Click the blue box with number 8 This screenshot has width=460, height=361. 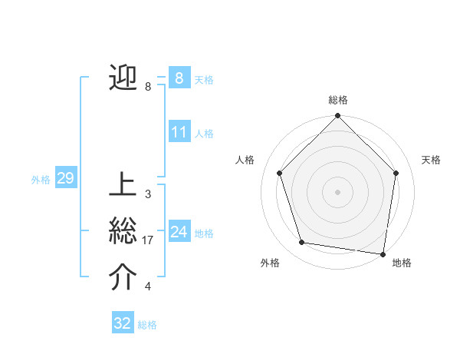click(x=179, y=78)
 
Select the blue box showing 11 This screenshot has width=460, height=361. click(x=179, y=132)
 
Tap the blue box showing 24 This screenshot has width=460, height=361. click(x=179, y=231)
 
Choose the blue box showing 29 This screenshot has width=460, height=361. click(x=65, y=179)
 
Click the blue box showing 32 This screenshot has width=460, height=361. click(x=123, y=323)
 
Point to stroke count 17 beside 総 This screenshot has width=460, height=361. click(x=148, y=240)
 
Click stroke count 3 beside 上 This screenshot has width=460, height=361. click(x=147, y=194)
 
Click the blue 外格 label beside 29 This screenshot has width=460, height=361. click(x=41, y=180)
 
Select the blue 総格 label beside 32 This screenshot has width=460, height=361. click(x=147, y=324)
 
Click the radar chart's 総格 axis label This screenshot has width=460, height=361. click(x=338, y=100)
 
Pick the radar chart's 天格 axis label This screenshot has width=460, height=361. click(x=432, y=160)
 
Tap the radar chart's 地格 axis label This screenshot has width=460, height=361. click(x=402, y=263)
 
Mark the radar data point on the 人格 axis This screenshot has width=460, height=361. click(x=280, y=173)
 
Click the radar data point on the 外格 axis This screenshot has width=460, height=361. click(x=302, y=243)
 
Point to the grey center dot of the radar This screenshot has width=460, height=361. click(x=338, y=191)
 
